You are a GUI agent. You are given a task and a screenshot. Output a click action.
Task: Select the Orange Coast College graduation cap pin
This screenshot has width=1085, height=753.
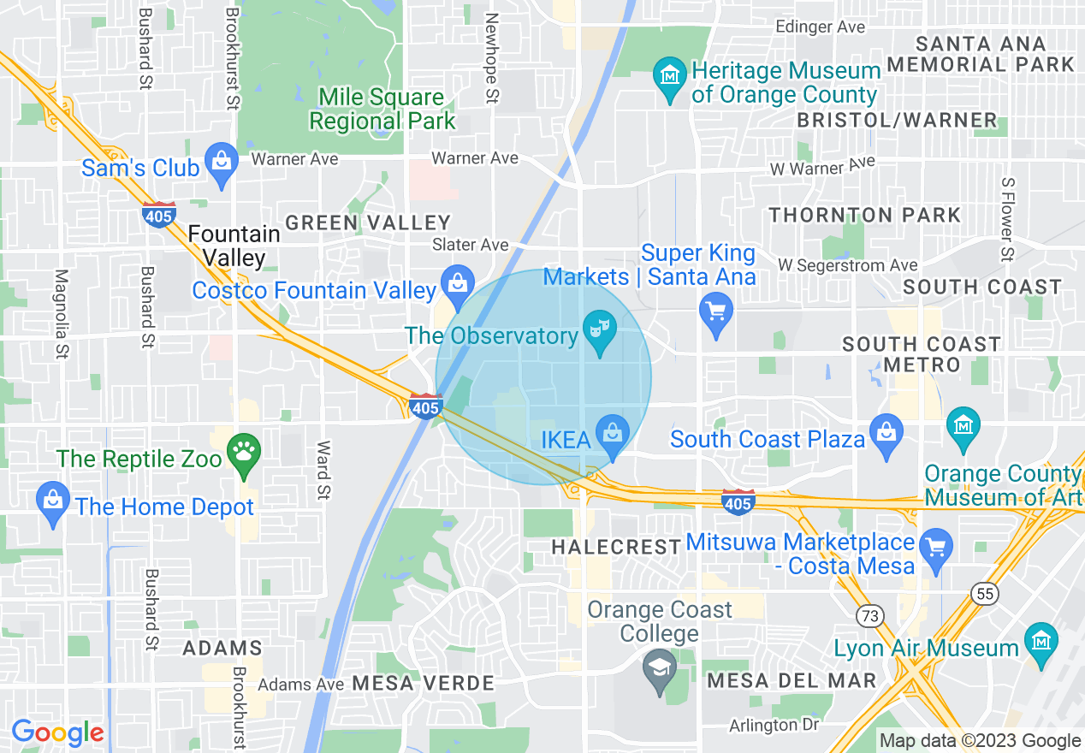point(659,673)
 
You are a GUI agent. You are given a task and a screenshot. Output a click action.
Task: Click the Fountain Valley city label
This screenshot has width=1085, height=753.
point(234,245)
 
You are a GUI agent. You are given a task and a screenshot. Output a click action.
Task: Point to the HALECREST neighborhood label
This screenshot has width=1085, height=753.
point(616,547)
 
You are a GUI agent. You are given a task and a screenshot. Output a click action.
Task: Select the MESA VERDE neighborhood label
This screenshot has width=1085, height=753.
point(423,684)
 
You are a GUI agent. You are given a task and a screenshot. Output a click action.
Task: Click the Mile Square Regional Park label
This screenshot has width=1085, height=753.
point(382,110)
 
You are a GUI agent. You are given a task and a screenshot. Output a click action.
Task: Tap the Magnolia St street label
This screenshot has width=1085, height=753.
point(61,314)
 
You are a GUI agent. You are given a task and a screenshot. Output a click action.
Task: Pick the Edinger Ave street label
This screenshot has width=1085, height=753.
point(820,27)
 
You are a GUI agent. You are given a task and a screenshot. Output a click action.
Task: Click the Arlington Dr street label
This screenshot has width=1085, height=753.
point(774,726)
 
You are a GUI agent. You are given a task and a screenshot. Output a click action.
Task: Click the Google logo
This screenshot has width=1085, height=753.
point(57,733)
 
